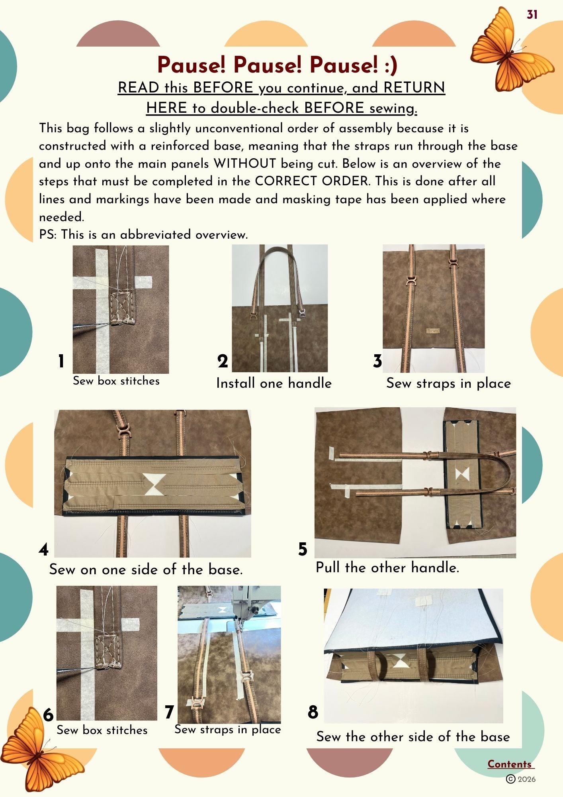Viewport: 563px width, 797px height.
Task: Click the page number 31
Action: (532, 15)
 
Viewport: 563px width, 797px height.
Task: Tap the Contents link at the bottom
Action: (510, 764)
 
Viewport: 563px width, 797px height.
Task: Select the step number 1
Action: (61, 361)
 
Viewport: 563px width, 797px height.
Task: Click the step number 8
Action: (313, 712)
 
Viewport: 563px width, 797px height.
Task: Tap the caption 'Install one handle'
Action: (274, 383)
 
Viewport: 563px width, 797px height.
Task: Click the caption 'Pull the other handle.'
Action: (387, 567)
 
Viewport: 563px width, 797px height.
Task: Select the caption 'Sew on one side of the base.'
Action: (146, 569)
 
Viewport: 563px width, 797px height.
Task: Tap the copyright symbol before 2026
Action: (510, 779)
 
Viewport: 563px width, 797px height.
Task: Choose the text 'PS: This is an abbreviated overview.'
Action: (143, 234)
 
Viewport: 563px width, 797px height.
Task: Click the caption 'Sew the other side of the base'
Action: (413, 736)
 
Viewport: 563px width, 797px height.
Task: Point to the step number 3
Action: (377, 361)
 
